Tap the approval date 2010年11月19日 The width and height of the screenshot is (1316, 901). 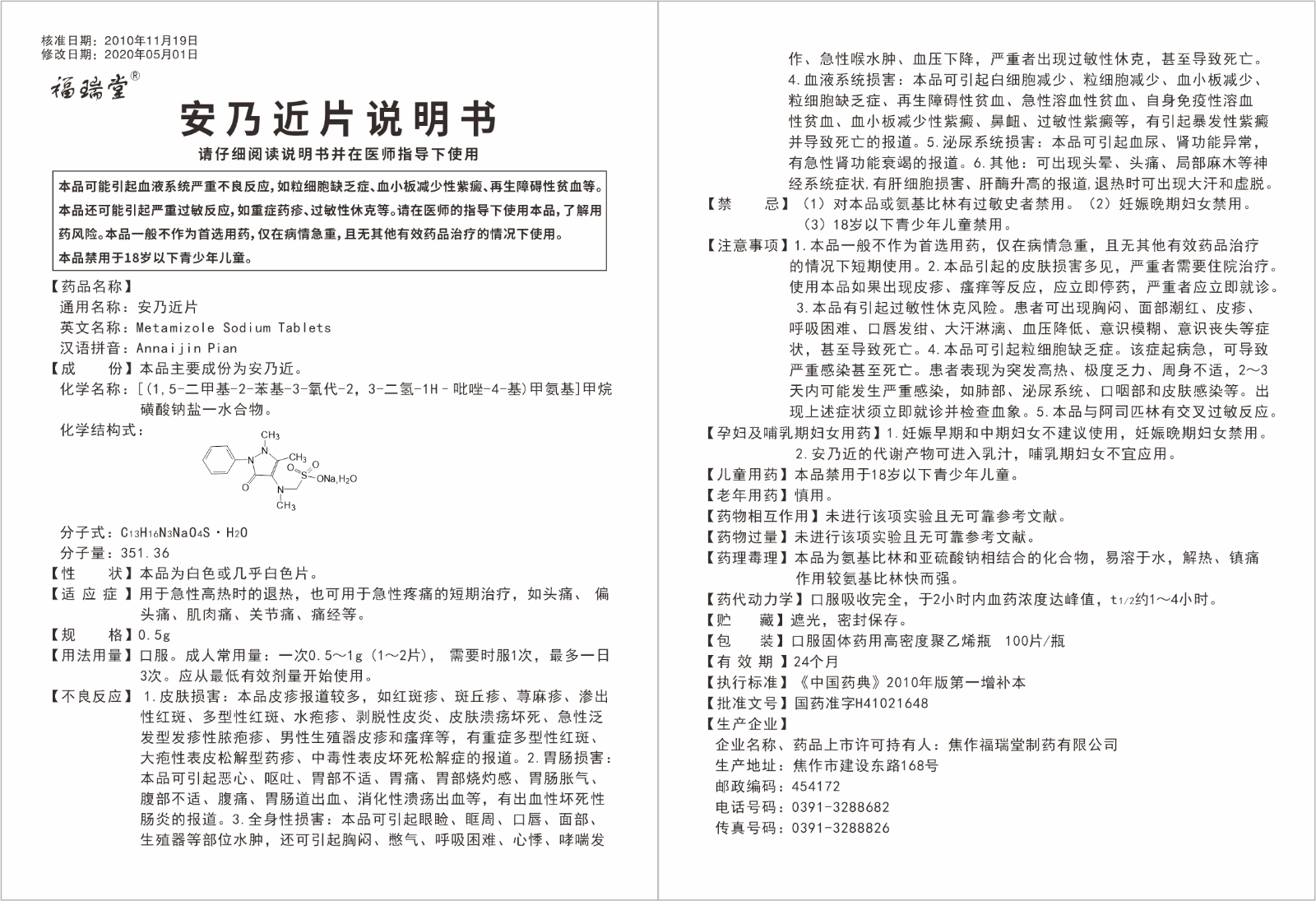pos(152,40)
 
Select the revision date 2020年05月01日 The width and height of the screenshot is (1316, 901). pos(152,54)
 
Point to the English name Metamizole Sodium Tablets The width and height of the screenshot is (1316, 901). pos(234,327)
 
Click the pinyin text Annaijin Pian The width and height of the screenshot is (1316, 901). pos(187,348)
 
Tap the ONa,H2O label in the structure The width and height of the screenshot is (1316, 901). pos(336,478)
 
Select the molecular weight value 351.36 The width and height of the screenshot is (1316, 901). pos(145,553)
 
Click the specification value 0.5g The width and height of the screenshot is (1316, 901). pos(155,635)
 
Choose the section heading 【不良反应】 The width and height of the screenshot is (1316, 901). pos(91,697)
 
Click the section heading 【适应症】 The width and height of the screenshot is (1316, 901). pos(91,594)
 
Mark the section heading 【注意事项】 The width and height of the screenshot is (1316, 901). pos(745,245)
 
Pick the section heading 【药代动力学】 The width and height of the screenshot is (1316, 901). pos(755,599)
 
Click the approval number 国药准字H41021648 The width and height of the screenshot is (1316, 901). pos(860,704)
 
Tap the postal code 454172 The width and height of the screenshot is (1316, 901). pos(816,787)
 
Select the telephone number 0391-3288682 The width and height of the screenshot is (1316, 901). pos(840,807)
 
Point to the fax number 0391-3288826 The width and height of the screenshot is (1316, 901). pos(840,828)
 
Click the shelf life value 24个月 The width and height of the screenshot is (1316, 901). pos(815,662)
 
